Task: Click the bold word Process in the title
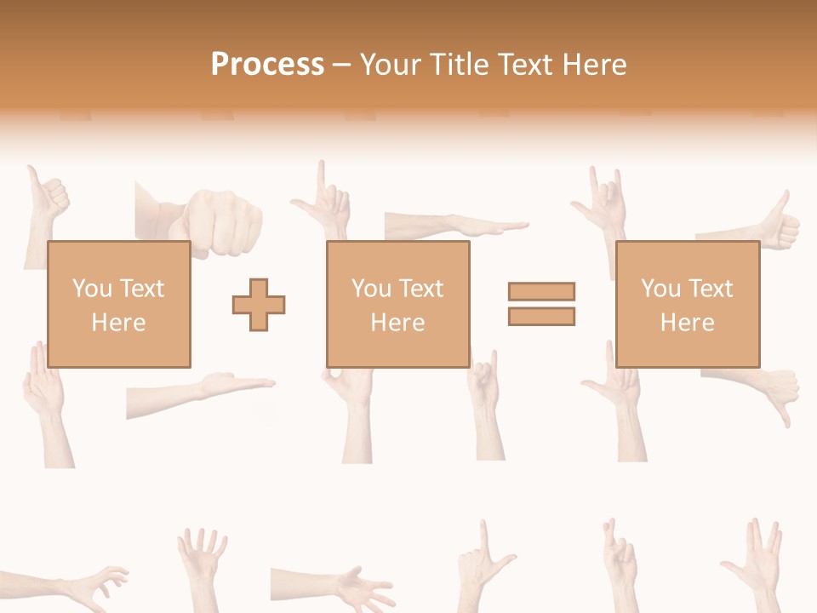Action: coord(267,65)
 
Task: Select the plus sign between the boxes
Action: coord(259,304)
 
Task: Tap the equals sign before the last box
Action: coord(541,304)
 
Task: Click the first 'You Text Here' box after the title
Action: coord(118,304)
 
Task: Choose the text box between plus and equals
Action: coord(397,304)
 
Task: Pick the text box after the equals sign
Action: coord(687,304)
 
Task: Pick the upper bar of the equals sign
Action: coord(541,291)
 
